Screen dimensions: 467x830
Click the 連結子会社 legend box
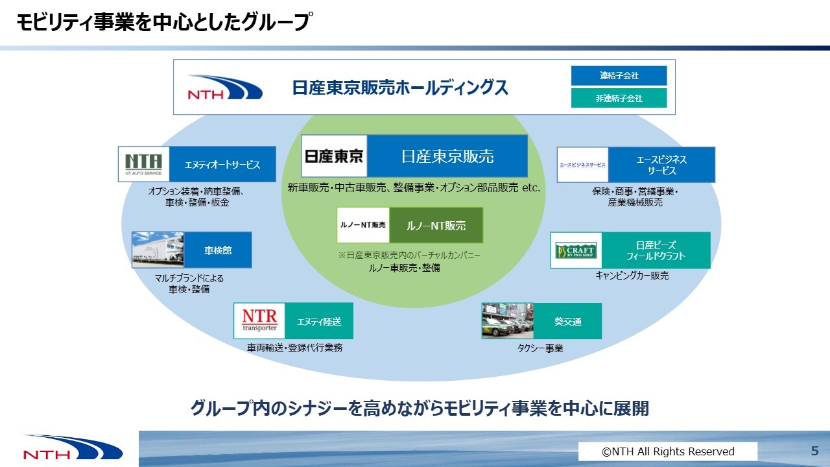tap(619, 76)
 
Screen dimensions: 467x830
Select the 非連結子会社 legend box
tap(619, 98)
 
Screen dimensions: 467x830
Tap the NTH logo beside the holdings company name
tap(225, 88)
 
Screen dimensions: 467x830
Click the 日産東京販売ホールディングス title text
tap(400, 88)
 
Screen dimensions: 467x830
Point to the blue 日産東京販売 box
tap(447, 156)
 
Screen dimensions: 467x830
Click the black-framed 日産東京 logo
tap(335, 156)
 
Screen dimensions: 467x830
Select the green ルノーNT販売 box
tap(436, 226)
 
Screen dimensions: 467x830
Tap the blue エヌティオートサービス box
tap(222, 165)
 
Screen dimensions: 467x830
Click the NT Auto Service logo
tap(144, 165)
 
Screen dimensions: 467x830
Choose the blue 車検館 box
tap(218, 250)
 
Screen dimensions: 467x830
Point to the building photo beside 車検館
tap(158, 250)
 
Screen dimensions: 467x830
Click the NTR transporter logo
tap(259, 320)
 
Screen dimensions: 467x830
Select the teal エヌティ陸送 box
tap(319, 321)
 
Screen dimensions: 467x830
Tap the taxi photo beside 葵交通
tap(507, 321)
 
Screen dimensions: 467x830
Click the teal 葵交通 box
tap(567, 321)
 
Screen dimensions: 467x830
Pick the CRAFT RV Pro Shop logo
tap(575, 250)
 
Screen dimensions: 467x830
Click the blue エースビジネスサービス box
tap(661, 165)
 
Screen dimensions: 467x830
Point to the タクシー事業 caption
tap(540, 348)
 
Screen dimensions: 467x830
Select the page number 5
tap(814, 451)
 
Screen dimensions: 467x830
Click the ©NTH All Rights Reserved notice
tap(668, 451)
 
